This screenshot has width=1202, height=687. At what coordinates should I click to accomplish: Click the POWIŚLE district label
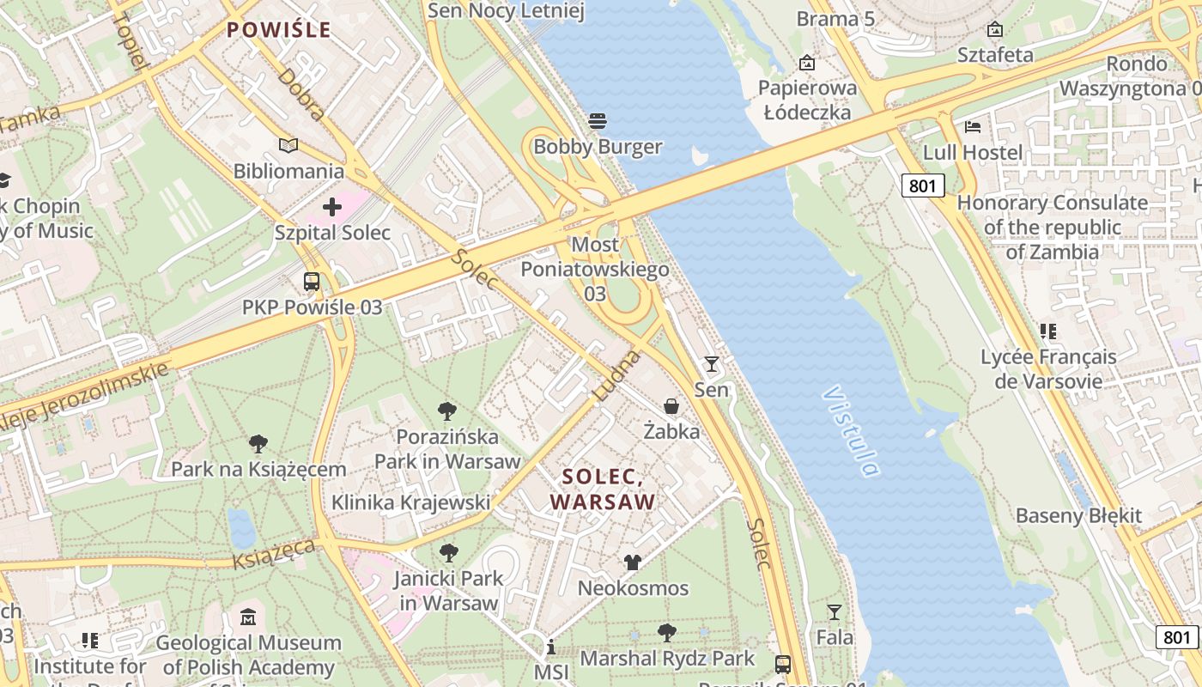pos(278,30)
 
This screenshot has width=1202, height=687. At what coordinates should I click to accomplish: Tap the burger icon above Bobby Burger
pos(598,120)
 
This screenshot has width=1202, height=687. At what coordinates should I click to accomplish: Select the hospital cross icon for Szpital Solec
pos(332,207)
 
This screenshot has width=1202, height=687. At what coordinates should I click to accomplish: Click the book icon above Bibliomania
pos(288,146)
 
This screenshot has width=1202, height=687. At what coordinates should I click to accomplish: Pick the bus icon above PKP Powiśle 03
pos(312,282)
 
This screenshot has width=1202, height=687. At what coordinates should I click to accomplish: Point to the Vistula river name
pos(850,430)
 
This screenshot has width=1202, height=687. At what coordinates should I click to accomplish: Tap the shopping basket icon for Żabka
pos(671,406)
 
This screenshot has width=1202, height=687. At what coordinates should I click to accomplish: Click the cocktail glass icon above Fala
pos(834,612)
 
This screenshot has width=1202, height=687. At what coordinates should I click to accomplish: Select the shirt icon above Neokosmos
pos(633,562)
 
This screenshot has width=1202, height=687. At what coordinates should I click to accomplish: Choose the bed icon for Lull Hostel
pos(972,127)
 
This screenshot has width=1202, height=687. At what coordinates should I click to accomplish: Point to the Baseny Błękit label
pos(1078,516)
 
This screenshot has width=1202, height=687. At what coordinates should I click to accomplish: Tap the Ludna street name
pos(616,374)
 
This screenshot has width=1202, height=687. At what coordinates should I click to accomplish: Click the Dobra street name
pos(301,94)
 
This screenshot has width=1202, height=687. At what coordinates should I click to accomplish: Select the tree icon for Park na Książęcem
pos(258,444)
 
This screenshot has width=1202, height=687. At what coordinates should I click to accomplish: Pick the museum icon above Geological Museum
pos(248,617)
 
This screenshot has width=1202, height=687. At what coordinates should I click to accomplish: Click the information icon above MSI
pos(550,647)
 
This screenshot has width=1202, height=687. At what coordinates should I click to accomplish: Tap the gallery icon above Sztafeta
pos(995,30)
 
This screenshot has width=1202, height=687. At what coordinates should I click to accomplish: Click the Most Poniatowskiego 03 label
pos(595,270)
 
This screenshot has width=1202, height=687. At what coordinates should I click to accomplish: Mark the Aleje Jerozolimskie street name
pos(82,398)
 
